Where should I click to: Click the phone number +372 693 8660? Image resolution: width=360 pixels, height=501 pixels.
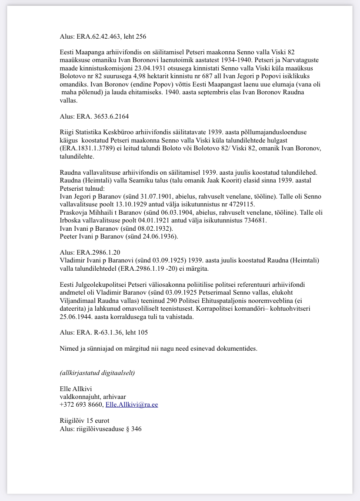coord(81,405)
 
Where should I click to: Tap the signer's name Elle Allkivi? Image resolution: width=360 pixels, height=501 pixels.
coord(75,389)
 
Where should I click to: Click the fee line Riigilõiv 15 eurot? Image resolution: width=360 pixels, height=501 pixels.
coord(84,421)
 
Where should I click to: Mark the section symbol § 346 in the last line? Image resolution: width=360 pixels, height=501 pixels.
coord(135,428)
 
